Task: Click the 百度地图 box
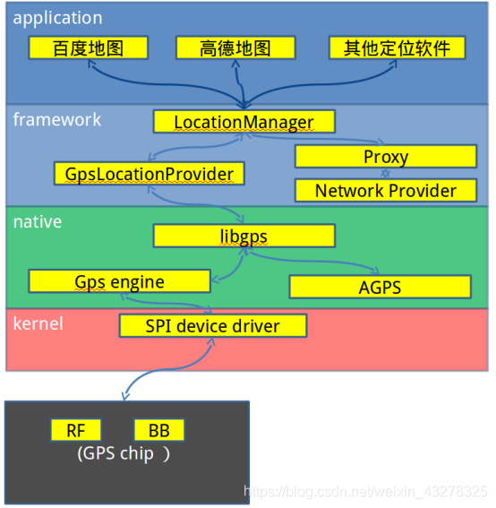point(88,48)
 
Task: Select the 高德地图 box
point(235,48)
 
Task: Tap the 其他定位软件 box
point(398,48)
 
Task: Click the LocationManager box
point(244,122)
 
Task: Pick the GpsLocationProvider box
point(150,174)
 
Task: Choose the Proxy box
point(385,157)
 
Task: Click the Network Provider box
point(385,191)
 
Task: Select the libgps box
point(244,236)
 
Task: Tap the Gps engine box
point(119,281)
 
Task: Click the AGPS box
point(380,287)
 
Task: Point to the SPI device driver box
point(212,326)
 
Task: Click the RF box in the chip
point(76,430)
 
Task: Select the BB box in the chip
point(158,430)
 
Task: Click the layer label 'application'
point(57,18)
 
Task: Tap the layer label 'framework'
point(57,119)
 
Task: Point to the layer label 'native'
point(38,221)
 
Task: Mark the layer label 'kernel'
point(38,323)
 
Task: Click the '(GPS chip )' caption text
point(124,452)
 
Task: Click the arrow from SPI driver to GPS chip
point(161,376)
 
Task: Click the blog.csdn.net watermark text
point(367,491)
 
